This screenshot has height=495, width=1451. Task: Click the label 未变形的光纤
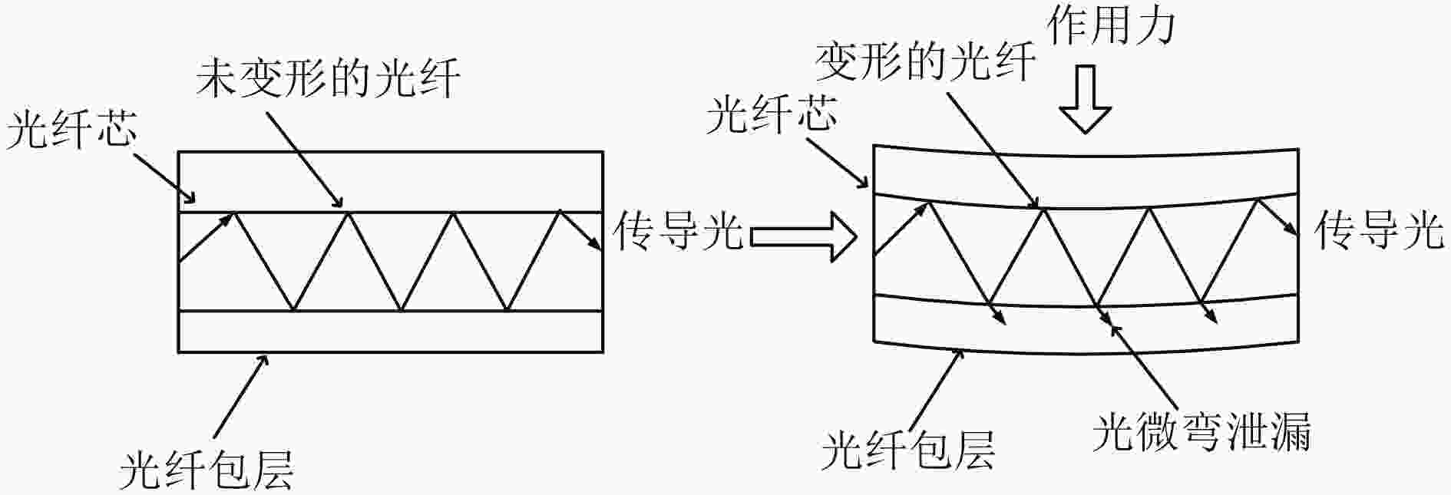pyautogui.click(x=329, y=79)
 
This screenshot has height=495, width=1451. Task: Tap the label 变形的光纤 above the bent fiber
pyautogui.click(x=926, y=61)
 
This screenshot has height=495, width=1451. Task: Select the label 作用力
pyautogui.click(x=1111, y=26)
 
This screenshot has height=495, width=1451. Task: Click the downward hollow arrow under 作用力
pyautogui.click(x=1086, y=99)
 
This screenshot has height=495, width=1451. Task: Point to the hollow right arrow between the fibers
pyautogui.click(x=803, y=236)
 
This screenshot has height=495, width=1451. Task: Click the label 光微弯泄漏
pyautogui.click(x=1202, y=431)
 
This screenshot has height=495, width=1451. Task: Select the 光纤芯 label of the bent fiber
pyautogui.click(x=772, y=113)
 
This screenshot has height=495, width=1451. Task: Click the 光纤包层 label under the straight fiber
pyautogui.click(x=207, y=470)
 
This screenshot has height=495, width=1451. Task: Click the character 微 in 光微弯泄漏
pyautogui.click(x=1158, y=431)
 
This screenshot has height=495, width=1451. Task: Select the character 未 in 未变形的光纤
pyautogui.click(x=218, y=79)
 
